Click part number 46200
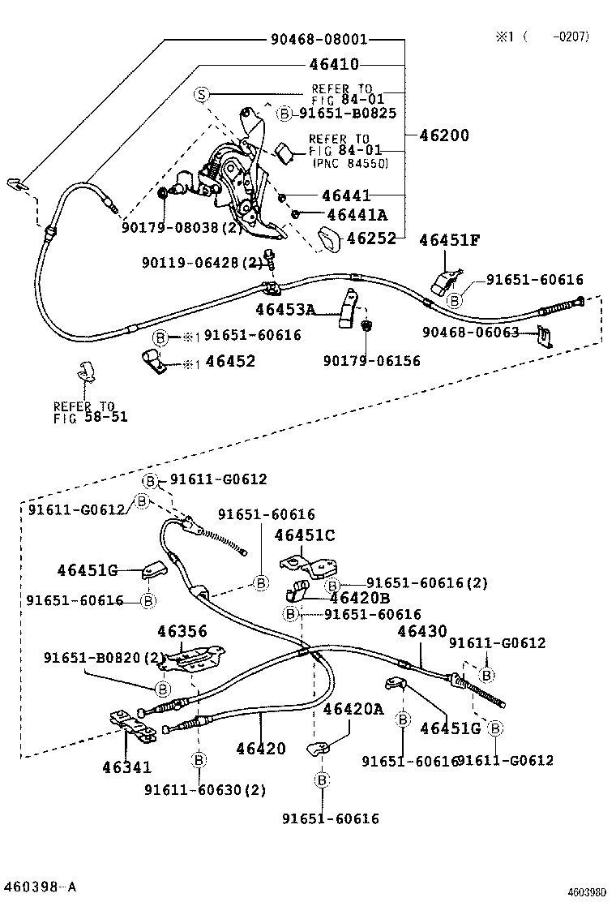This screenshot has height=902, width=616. [x=443, y=135]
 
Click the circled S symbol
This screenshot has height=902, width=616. [x=202, y=96]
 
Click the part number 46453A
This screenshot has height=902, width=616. [x=285, y=309]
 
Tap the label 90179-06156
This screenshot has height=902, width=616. [x=371, y=361]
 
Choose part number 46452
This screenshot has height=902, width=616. [x=229, y=361]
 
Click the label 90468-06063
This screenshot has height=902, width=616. [x=481, y=332]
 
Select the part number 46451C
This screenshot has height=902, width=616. [x=305, y=535]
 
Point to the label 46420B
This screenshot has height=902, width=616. [x=359, y=599]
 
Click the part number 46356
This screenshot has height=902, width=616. [x=182, y=631]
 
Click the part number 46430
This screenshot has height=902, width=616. [x=421, y=631]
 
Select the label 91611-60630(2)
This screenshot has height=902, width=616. [x=206, y=789]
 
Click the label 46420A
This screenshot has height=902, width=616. [x=353, y=709]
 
